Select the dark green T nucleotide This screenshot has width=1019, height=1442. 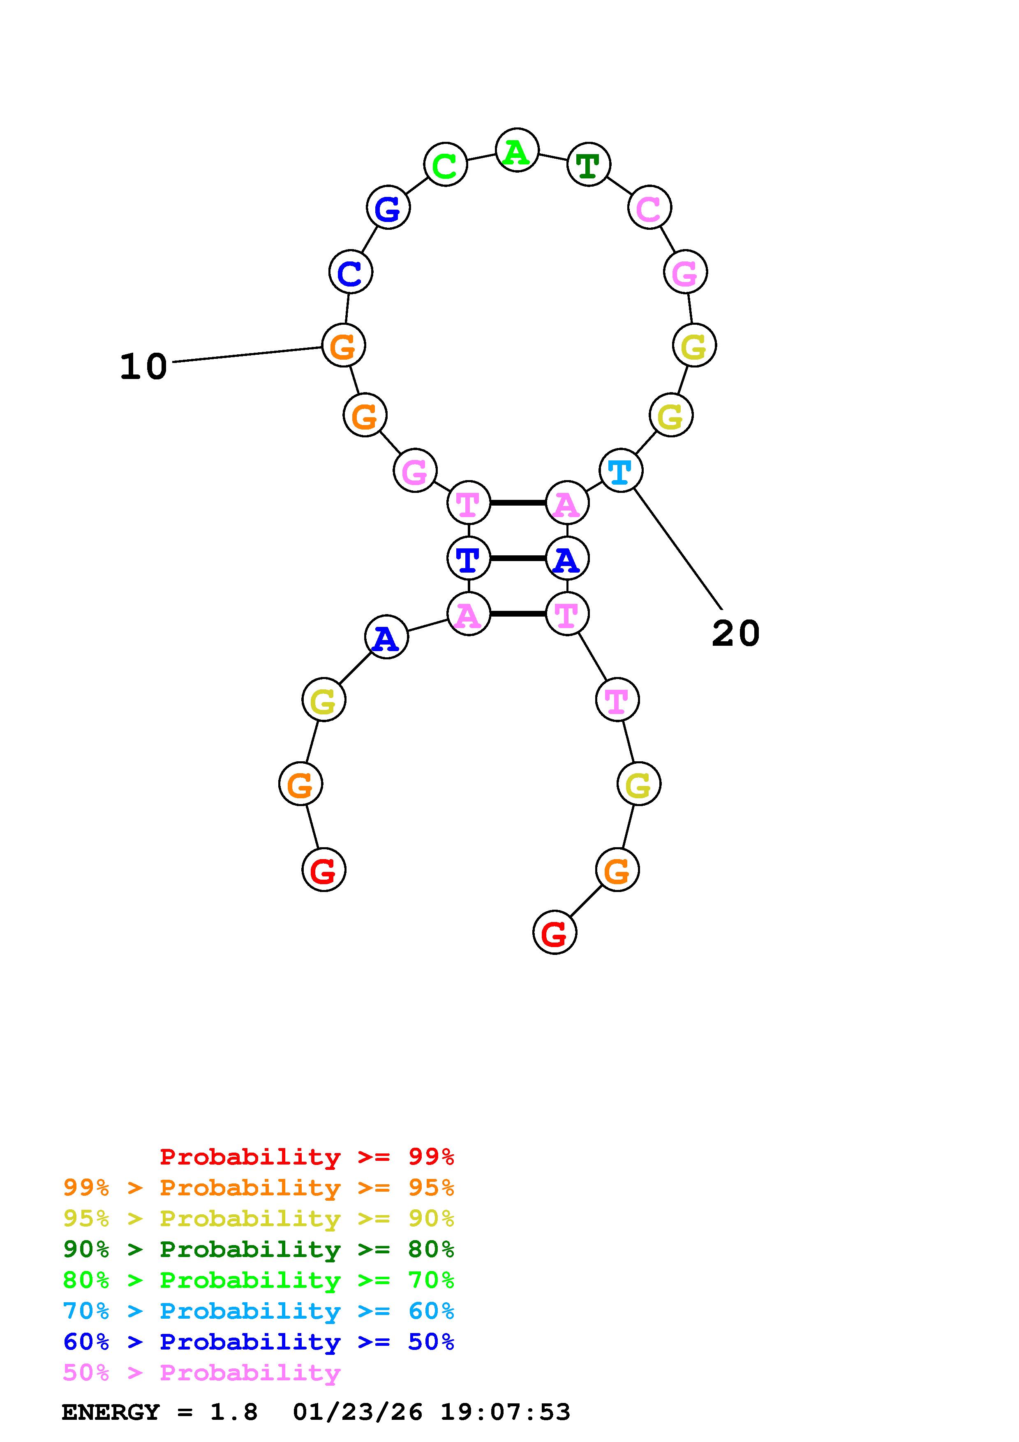click(588, 164)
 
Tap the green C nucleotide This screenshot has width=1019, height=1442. click(445, 164)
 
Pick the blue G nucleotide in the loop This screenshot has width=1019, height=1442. click(388, 207)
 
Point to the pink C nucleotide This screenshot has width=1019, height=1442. click(649, 207)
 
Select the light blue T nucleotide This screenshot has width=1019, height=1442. click(620, 470)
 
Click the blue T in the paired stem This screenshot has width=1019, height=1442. click(468, 558)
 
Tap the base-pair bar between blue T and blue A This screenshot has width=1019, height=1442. click(518, 558)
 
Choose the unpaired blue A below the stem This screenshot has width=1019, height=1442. click(386, 638)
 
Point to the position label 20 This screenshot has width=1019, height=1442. click(735, 633)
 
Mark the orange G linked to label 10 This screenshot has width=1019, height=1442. click(343, 345)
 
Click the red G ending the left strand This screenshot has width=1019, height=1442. click(323, 870)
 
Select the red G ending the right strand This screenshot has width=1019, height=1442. click(555, 933)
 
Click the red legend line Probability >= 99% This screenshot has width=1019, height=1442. click(306, 1157)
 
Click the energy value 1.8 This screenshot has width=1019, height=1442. click(233, 1412)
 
